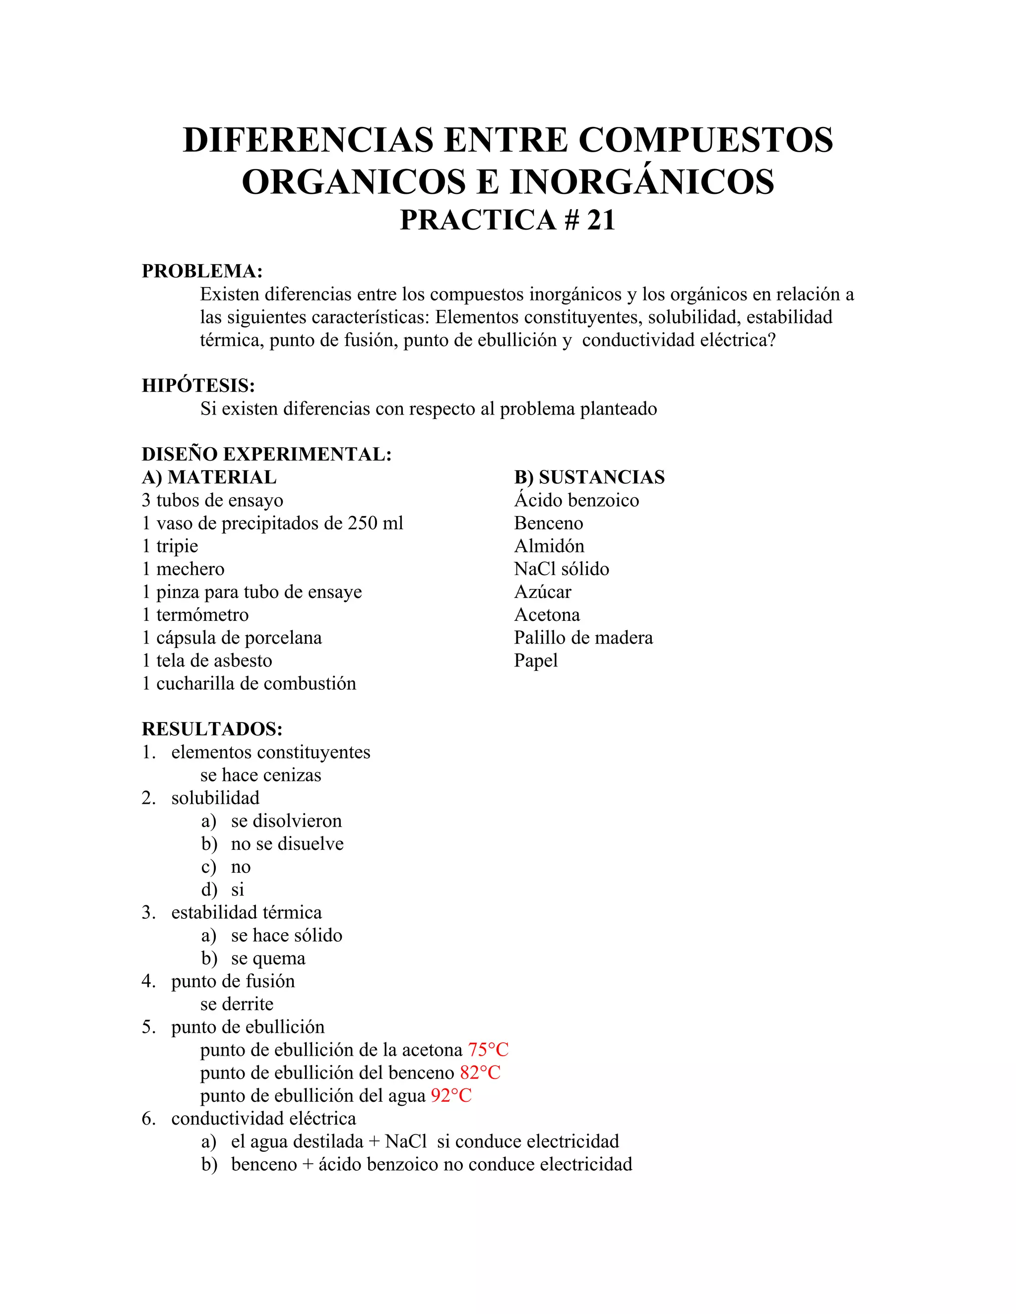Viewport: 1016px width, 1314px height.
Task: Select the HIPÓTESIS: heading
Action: pos(198,386)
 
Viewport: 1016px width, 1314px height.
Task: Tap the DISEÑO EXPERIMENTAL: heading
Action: pos(266,454)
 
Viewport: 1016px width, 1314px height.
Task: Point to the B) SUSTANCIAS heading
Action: pos(589,477)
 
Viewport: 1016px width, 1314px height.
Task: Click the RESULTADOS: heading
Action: pos(212,729)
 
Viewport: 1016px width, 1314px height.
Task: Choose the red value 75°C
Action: pos(488,1050)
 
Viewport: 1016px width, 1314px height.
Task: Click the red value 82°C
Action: pos(480,1073)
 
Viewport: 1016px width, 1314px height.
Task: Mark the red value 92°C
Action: pos(451,1096)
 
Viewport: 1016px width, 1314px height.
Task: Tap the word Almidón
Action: pos(549,546)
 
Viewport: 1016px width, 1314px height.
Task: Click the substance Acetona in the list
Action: pos(547,614)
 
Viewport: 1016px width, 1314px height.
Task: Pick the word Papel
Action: pos(536,660)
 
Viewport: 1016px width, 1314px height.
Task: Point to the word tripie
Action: pos(177,546)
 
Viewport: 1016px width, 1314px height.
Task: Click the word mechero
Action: pos(190,569)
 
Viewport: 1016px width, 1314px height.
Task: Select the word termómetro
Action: pos(202,615)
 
